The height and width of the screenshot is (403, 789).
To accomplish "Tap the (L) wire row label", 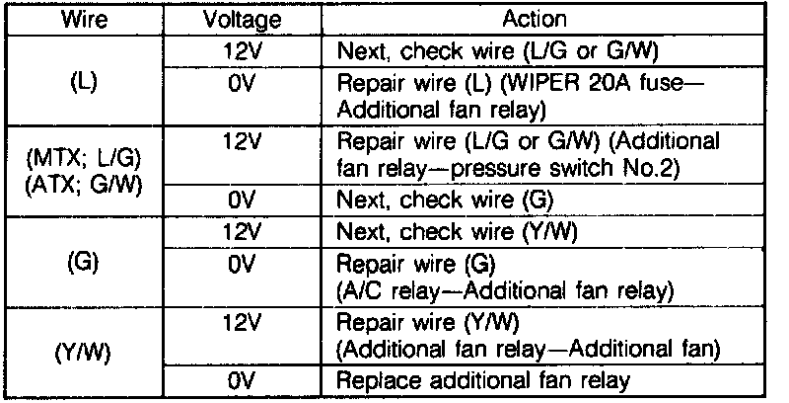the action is pyautogui.click(x=85, y=83).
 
